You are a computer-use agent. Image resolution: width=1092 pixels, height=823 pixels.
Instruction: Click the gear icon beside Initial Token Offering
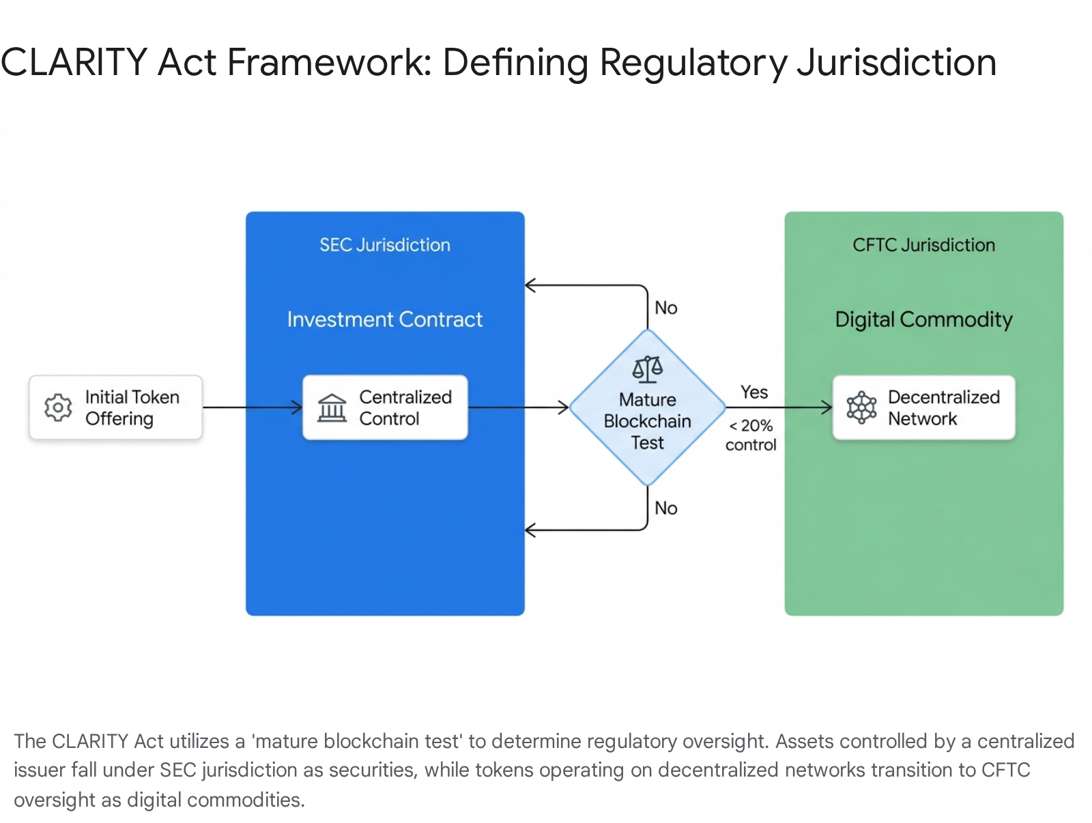58,407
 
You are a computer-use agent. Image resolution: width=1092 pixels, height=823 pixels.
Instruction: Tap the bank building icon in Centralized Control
332,408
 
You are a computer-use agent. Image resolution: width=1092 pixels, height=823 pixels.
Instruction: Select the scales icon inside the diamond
647,369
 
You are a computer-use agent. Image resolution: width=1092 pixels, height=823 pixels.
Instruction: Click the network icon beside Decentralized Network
861,407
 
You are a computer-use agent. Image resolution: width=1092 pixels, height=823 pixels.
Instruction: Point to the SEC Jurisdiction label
384,245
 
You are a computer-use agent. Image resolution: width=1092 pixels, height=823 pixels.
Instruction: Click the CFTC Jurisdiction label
923,245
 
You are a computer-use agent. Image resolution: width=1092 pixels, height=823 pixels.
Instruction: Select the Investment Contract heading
384,319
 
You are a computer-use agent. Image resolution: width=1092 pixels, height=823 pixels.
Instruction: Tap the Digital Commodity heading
923,320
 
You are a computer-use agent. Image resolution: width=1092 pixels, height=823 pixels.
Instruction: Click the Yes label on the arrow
754,392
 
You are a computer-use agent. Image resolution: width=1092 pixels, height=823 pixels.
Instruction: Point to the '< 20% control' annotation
751,435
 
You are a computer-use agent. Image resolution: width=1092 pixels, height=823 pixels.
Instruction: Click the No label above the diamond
665,308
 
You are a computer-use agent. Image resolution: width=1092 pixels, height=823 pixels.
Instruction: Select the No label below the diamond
665,508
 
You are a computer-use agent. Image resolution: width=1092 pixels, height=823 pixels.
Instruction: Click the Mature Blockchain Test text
647,420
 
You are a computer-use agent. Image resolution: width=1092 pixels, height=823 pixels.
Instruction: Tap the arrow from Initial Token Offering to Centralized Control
253,407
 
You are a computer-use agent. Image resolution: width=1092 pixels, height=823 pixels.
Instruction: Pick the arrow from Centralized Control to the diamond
519,407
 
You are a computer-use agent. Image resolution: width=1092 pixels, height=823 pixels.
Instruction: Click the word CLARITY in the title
74,62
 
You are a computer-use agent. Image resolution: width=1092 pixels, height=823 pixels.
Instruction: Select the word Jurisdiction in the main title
897,63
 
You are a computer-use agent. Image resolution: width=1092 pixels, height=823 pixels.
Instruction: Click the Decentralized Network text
943,408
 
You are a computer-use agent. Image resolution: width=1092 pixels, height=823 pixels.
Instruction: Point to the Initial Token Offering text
132,408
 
